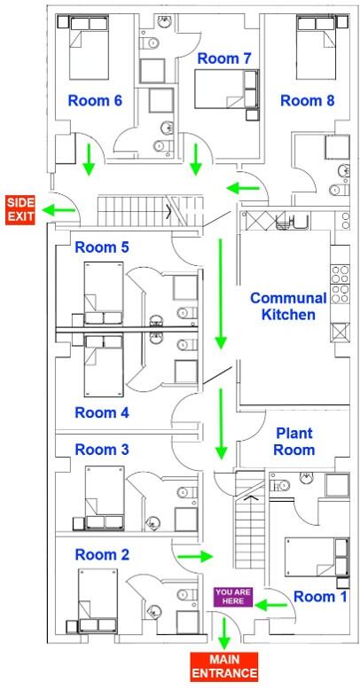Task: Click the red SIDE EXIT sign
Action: pyautogui.click(x=20, y=210)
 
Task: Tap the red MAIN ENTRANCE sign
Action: pyautogui.click(x=223, y=666)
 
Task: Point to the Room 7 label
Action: pyautogui.click(x=224, y=59)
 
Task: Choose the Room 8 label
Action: pyautogui.click(x=307, y=100)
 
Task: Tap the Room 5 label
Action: pyautogui.click(x=102, y=247)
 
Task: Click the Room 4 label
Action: pyautogui.click(x=102, y=411)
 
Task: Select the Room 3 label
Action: pyautogui.click(x=102, y=450)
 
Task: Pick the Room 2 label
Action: pyautogui.click(x=102, y=554)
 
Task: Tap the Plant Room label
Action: pyautogui.click(x=294, y=441)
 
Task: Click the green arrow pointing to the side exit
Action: pyautogui.click(x=60, y=210)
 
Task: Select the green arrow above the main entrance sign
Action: pyautogui.click(x=223, y=631)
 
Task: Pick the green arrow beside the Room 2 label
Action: pyautogui.click(x=195, y=557)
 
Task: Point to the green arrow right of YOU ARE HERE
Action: pyautogui.click(x=272, y=604)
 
